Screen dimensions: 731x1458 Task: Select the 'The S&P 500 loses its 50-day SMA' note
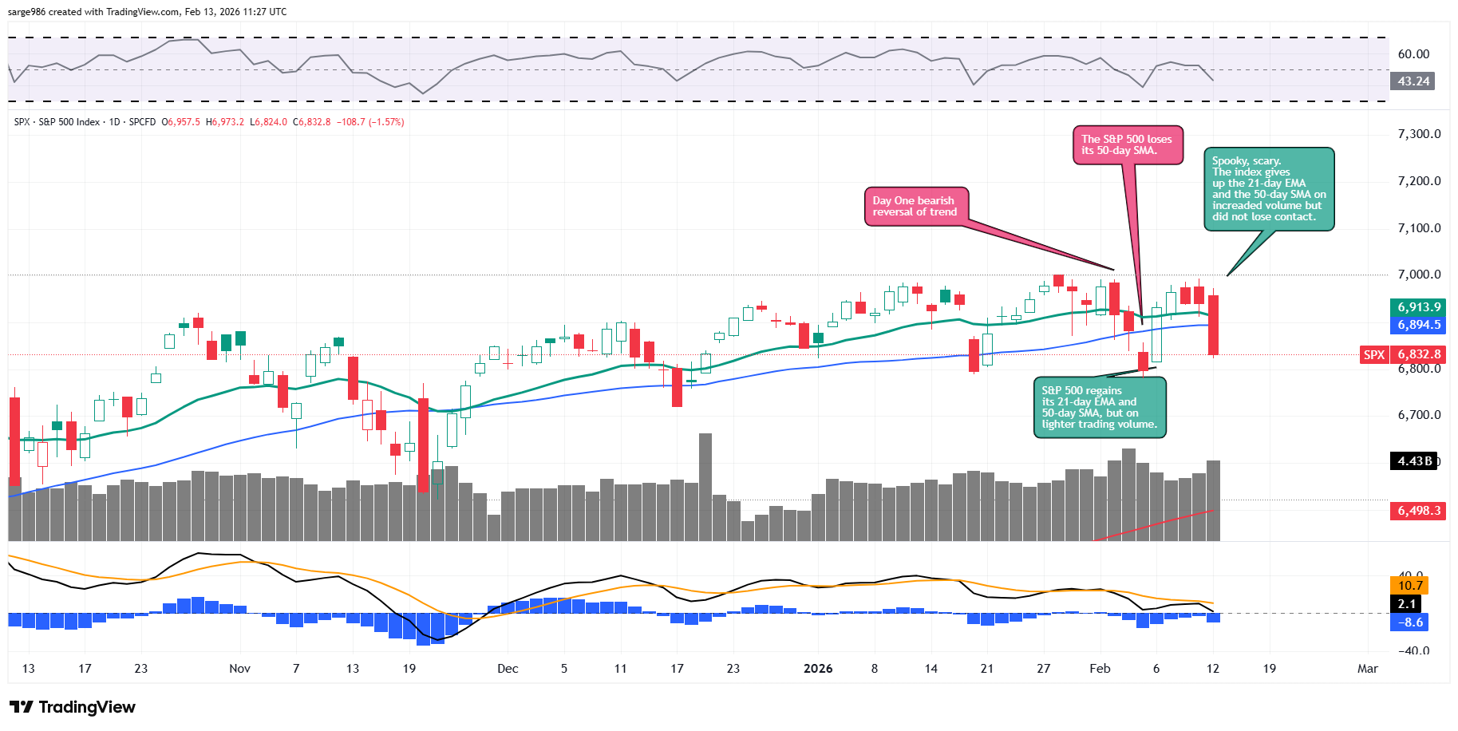click(1127, 145)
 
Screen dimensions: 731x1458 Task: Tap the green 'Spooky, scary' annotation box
click(1268, 189)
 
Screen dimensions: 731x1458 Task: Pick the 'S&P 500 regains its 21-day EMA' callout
click(1099, 408)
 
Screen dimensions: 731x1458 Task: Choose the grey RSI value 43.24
click(1413, 81)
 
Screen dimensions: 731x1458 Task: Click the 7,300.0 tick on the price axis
click(1419, 134)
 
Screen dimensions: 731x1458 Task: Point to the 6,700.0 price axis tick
click(1419, 415)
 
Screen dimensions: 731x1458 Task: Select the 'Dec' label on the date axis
click(508, 669)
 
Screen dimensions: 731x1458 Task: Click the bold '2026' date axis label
click(818, 669)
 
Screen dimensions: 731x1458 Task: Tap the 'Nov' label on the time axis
click(239, 669)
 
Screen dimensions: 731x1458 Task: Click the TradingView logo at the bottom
click(73, 707)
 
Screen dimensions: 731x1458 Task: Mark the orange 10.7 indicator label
click(1410, 586)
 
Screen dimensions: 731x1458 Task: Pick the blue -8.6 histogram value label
click(1410, 622)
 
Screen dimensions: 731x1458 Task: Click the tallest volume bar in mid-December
click(705, 487)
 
